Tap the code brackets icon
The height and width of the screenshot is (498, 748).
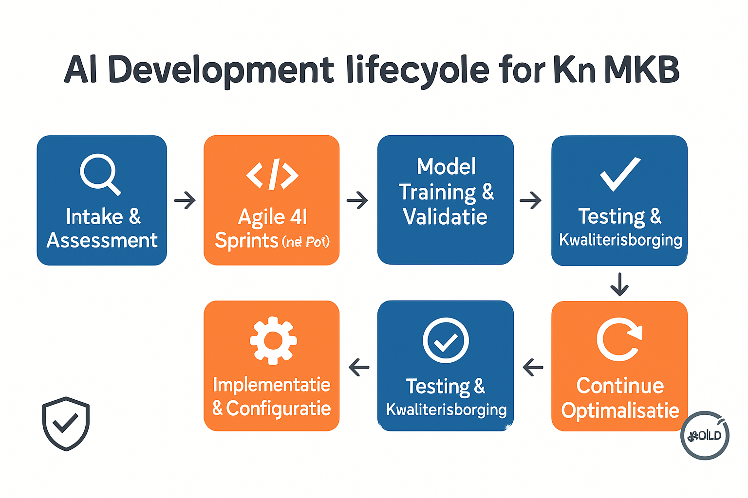point(272,174)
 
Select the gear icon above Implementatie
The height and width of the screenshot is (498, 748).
point(273,340)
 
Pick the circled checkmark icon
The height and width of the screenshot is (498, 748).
point(446,340)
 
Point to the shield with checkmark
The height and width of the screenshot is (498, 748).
point(66,423)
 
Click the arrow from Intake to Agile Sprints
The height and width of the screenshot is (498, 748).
point(185,200)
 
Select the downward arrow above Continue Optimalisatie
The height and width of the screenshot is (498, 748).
point(619,285)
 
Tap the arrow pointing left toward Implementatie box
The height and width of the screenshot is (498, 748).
point(359,367)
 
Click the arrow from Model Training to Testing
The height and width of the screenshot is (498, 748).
point(531,200)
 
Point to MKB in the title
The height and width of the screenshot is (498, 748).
point(641,70)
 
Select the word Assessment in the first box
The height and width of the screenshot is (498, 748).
point(102,240)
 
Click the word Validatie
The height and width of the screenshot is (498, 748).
point(445,217)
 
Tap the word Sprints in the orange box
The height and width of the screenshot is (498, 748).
point(246,241)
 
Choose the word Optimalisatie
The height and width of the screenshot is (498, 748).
point(620,410)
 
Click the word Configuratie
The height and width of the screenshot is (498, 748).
point(279,409)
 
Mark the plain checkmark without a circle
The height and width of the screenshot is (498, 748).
point(620,174)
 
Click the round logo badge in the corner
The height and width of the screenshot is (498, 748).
point(705,435)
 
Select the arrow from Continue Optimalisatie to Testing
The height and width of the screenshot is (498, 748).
point(533,367)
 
